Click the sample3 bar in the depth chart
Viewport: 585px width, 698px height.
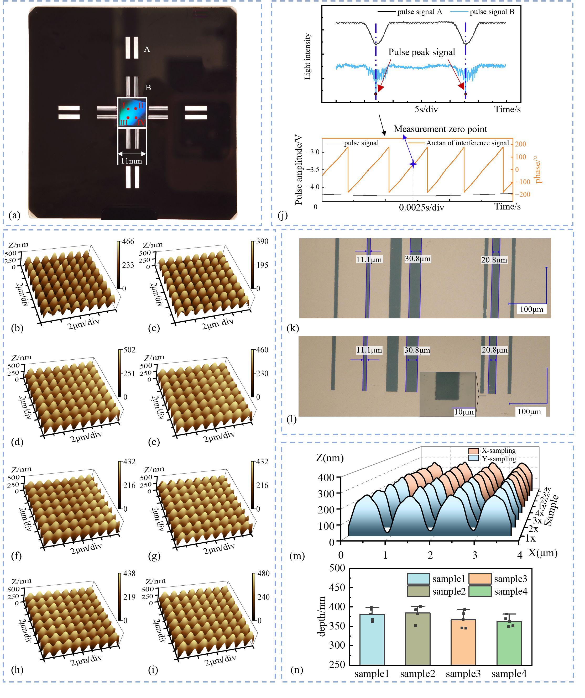pos(463,644)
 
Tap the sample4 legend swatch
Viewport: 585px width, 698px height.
pos(480,592)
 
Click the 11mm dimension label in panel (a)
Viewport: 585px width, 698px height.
pos(131,161)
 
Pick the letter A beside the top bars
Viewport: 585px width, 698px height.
pos(147,50)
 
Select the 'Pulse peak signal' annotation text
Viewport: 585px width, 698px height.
pos(421,52)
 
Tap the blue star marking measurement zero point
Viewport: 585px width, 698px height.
pos(413,164)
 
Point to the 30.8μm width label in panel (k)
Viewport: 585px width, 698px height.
pos(417,259)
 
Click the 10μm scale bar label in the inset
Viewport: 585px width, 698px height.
pos(464,412)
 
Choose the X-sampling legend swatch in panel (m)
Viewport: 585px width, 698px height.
pos(473,451)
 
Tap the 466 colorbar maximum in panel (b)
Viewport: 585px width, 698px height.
pos(128,242)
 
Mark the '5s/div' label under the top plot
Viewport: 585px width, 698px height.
pos(426,109)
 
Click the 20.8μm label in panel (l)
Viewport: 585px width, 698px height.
pos(494,350)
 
